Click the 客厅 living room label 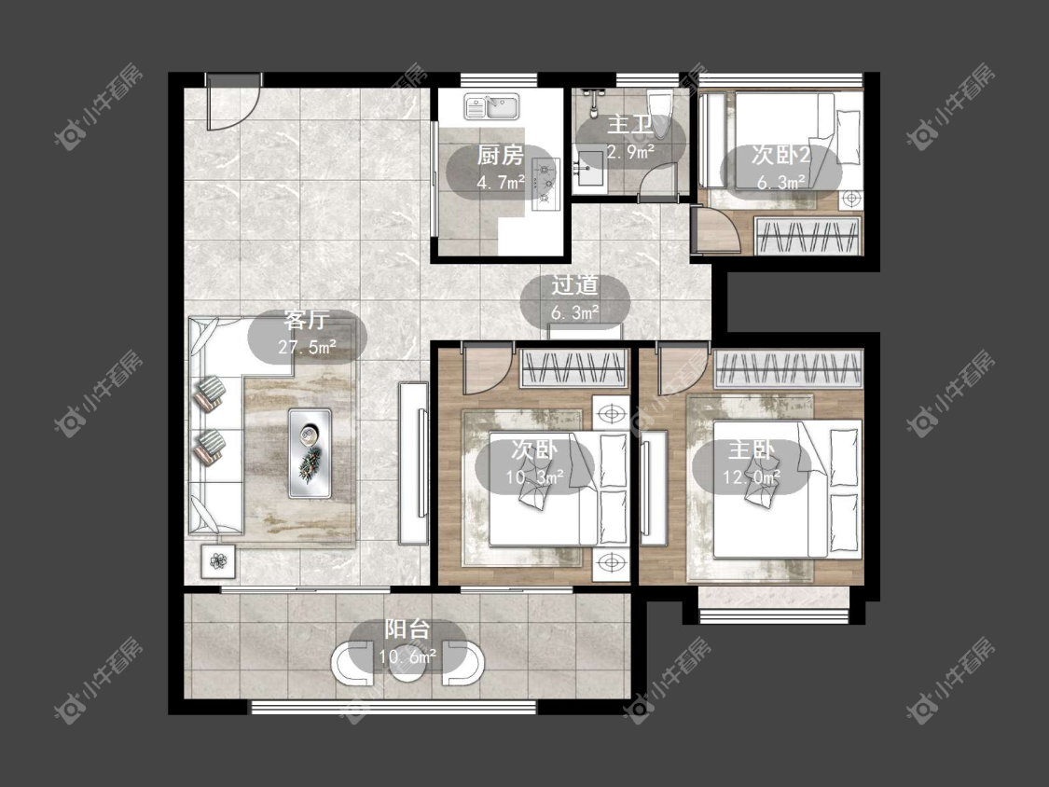[x=305, y=320]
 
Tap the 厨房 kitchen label [x=501, y=156]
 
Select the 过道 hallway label [x=574, y=285]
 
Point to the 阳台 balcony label [x=407, y=629]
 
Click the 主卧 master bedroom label [x=752, y=450]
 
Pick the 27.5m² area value [x=307, y=347]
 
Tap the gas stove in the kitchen [x=545, y=183]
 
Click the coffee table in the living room [x=310, y=453]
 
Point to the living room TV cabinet [x=413, y=463]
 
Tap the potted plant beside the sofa [x=218, y=560]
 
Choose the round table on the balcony [x=407, y=665]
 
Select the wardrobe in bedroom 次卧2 [x=807, y=235]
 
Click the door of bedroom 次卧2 [x=715, y=231]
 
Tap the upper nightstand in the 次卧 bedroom [x=611, y=414]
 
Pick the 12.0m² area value [x=752, y=477]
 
